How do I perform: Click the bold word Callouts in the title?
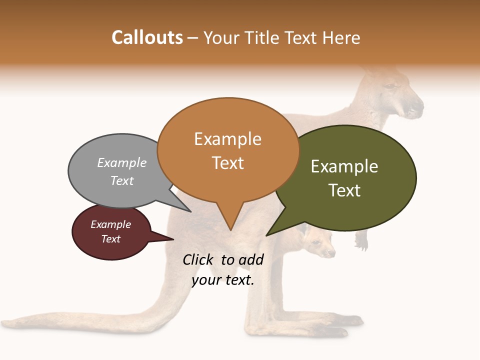(147, 37)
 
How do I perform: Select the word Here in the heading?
(341, 37)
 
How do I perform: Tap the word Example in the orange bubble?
(227, 139)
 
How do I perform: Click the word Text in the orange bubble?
(228, 163)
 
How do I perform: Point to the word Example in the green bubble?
(344, 166)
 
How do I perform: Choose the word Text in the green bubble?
(344, 190)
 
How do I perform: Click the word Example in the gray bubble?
(122, 162)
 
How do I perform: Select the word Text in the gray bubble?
(122, 180)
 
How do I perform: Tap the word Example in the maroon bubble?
(111, 224)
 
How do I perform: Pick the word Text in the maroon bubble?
(111, 239)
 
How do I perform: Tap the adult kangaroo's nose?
(417, 107)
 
